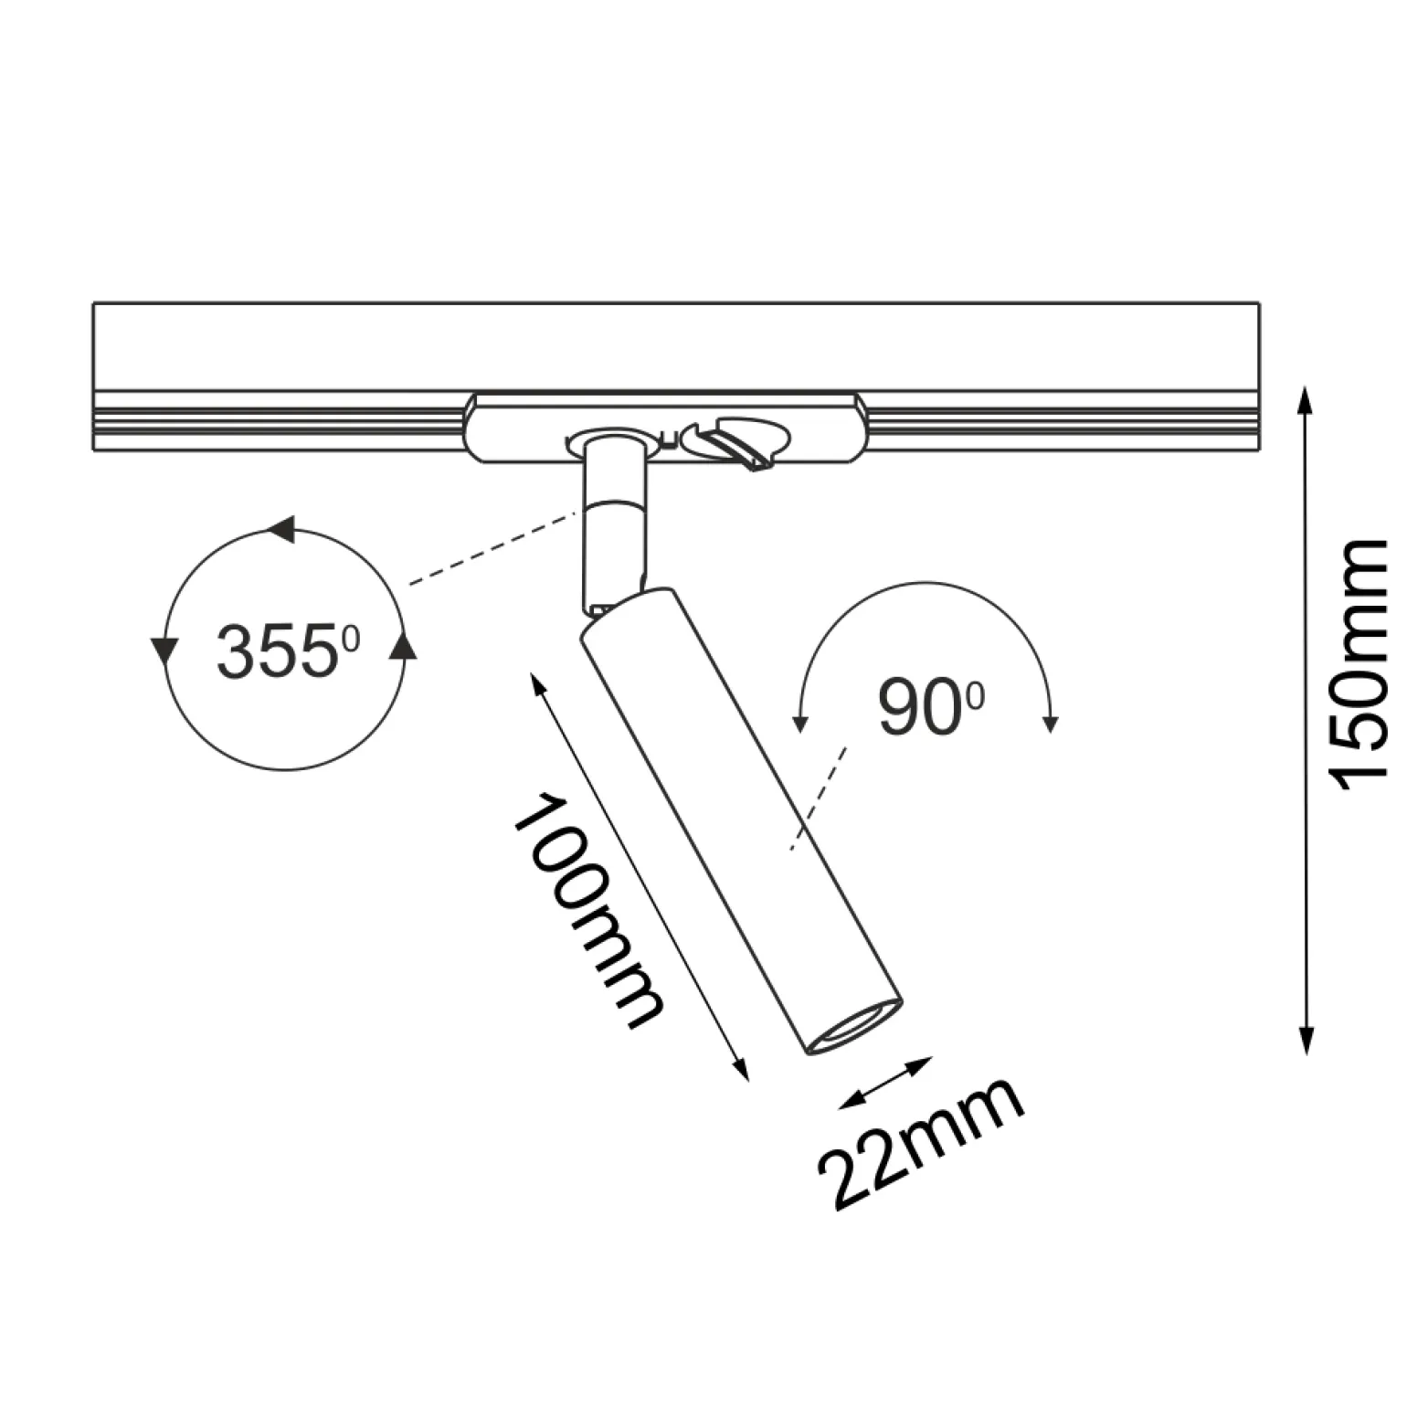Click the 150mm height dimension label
pyautogui.click(x=1359, y=667)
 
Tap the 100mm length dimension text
pyautogui.click(x=587, y=911)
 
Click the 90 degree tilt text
pyautogui.click(x=931, y=707)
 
